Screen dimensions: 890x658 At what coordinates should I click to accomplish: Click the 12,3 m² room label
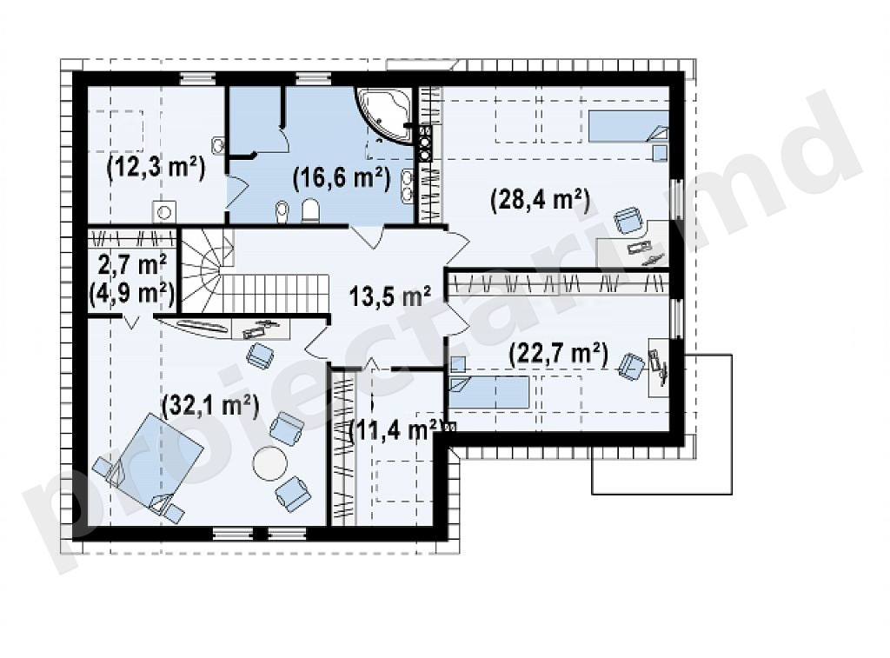pyautogui.click(x=156, y=168)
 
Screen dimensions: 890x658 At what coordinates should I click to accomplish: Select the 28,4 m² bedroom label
pyautogui.click(x=541, y=200)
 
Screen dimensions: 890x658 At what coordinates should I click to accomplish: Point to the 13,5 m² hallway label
pyautogui.click(x=390, y=296)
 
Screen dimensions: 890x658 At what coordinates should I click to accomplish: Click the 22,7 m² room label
pyautogui.click(x=559, y=355)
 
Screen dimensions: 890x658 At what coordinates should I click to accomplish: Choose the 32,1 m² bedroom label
pyautogui.click(x=210, y=406)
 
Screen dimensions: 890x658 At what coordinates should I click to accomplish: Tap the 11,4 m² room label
pyautogui.click(x=395, y=430)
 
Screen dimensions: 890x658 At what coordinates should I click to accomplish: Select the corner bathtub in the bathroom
pyautogui.click(x=384, y=116)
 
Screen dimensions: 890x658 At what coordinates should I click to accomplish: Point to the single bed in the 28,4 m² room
pyautogui.click(x=628, y=125)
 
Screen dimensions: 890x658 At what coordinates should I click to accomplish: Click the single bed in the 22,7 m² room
pyautogui.click(x=489, y=392)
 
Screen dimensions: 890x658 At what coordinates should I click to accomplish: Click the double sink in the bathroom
pyautogui.click(x=408, y=184)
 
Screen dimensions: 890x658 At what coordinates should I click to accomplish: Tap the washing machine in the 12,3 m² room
pyautogui.click(x=164, y=212)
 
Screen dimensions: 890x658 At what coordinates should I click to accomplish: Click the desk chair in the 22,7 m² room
pyautogui.click(x=631, y=365)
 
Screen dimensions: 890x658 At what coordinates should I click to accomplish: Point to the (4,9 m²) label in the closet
pyautogui.click(x=132, y=294)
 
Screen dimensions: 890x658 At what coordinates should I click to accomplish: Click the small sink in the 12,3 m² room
pyautogui.click(x=218, y=145)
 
